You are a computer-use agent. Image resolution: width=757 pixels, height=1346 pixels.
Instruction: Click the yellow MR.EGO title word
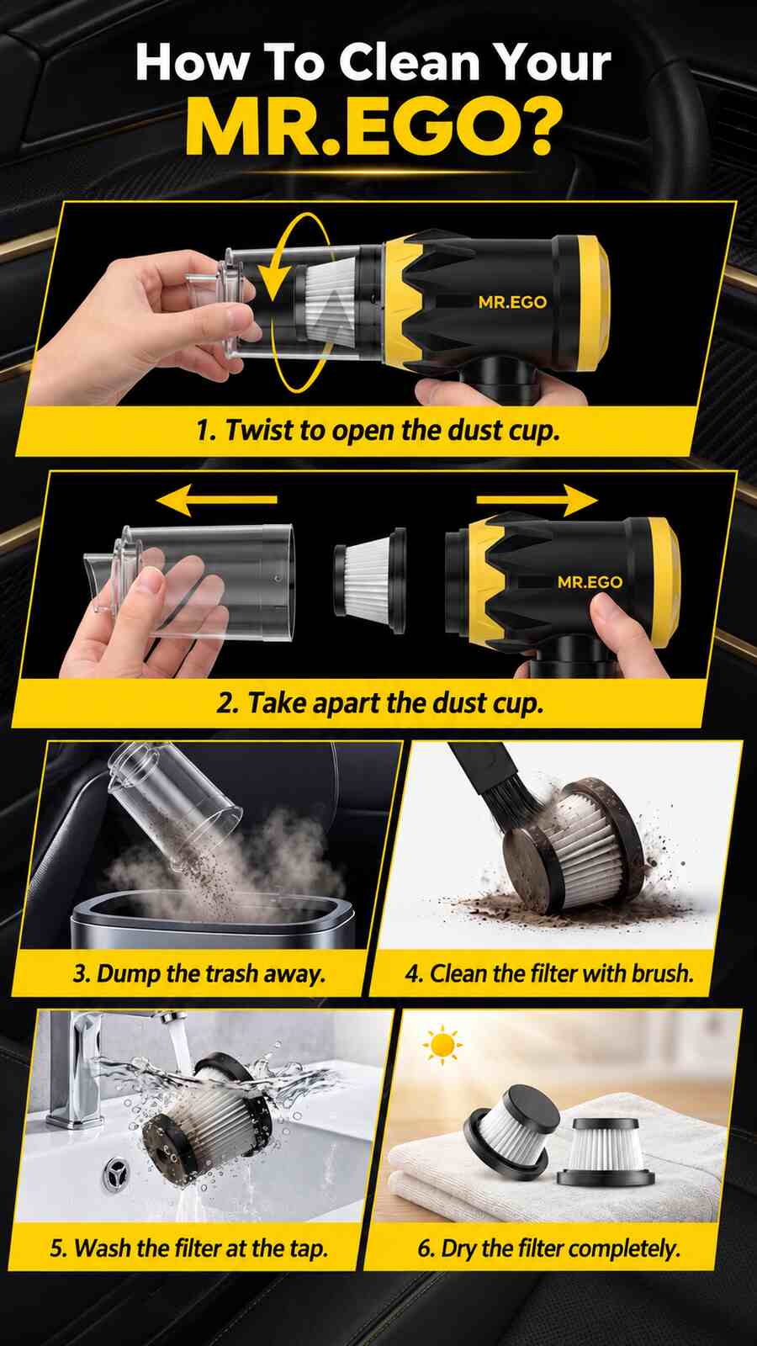tap(373, 128)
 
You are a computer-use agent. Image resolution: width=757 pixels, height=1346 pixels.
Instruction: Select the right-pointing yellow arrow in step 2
tap(537, 499)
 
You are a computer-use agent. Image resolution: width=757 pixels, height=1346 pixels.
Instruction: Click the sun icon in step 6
tap(442, 1045)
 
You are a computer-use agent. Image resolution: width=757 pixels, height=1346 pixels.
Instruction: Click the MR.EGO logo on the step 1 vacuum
tap(512, 302)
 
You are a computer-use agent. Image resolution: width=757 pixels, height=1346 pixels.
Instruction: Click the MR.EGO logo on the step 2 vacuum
tap(590, 581)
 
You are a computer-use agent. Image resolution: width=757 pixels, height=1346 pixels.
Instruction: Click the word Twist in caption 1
tap(259, 430)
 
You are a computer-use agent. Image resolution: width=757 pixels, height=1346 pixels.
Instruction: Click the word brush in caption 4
tap(663, 972)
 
